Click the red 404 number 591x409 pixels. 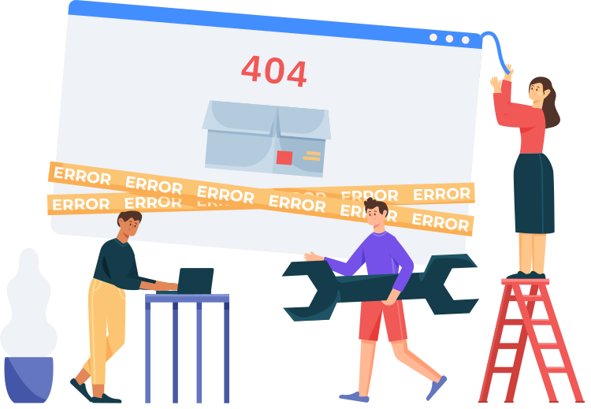[274, 71]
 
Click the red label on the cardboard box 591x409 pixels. [284, 158]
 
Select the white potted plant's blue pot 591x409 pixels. [28, 379]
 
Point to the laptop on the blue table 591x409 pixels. [195, 280]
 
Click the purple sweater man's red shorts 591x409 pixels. [381, 318]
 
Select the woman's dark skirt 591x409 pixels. [533, 192]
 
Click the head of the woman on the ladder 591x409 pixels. [541, 92]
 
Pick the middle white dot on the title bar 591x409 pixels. [449, 39]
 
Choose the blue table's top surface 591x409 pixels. [187, 299]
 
